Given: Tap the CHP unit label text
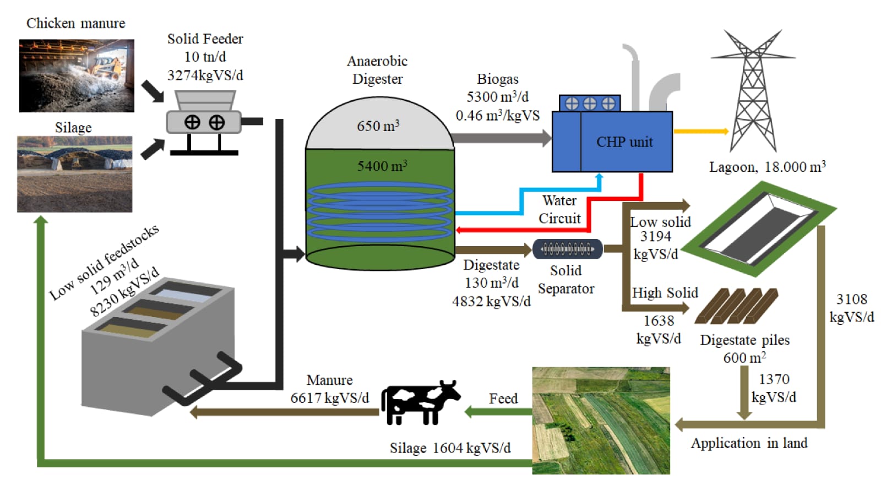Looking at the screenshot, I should click(x=624, y=142).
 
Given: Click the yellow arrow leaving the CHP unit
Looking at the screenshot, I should click(x=700, y=131).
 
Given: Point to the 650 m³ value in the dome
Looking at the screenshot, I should click(x=378, y=126).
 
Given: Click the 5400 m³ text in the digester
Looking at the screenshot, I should click(x=382, y=166).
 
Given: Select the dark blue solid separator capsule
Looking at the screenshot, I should click(x=567, y=249).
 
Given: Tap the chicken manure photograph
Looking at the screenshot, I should click(x=77, y=75).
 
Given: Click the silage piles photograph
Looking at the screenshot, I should click(x=74, y=174).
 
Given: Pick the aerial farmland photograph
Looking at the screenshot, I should click(x=601, y=421).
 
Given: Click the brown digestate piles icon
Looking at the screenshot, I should click(x=736, y=306).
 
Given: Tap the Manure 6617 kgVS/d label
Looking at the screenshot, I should click(x=329, y=389).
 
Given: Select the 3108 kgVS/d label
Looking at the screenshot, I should click(x=851, y=308).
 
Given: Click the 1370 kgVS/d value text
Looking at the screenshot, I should click(x=774, y=388).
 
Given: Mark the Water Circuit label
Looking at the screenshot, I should click(x=559, y=209).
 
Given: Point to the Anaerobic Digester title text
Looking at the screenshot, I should click(x=377, y=70).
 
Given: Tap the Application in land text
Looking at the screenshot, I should click(x=749, y=443).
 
